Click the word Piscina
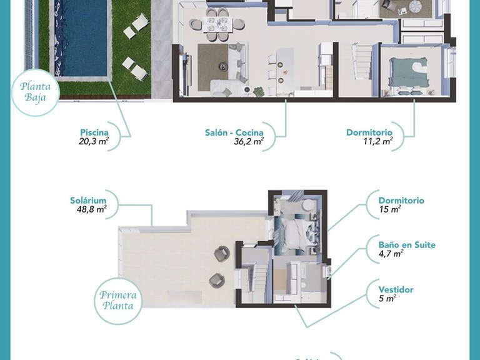pos(94,132)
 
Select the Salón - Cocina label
pos(234,132)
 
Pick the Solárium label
pos(88,201)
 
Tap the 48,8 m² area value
pos(91,210)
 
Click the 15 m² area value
pos(389,210)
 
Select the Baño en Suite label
pos(407,245)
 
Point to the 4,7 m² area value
pos(391,254)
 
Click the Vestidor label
pos(396,290)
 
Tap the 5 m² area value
pos(387,299)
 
